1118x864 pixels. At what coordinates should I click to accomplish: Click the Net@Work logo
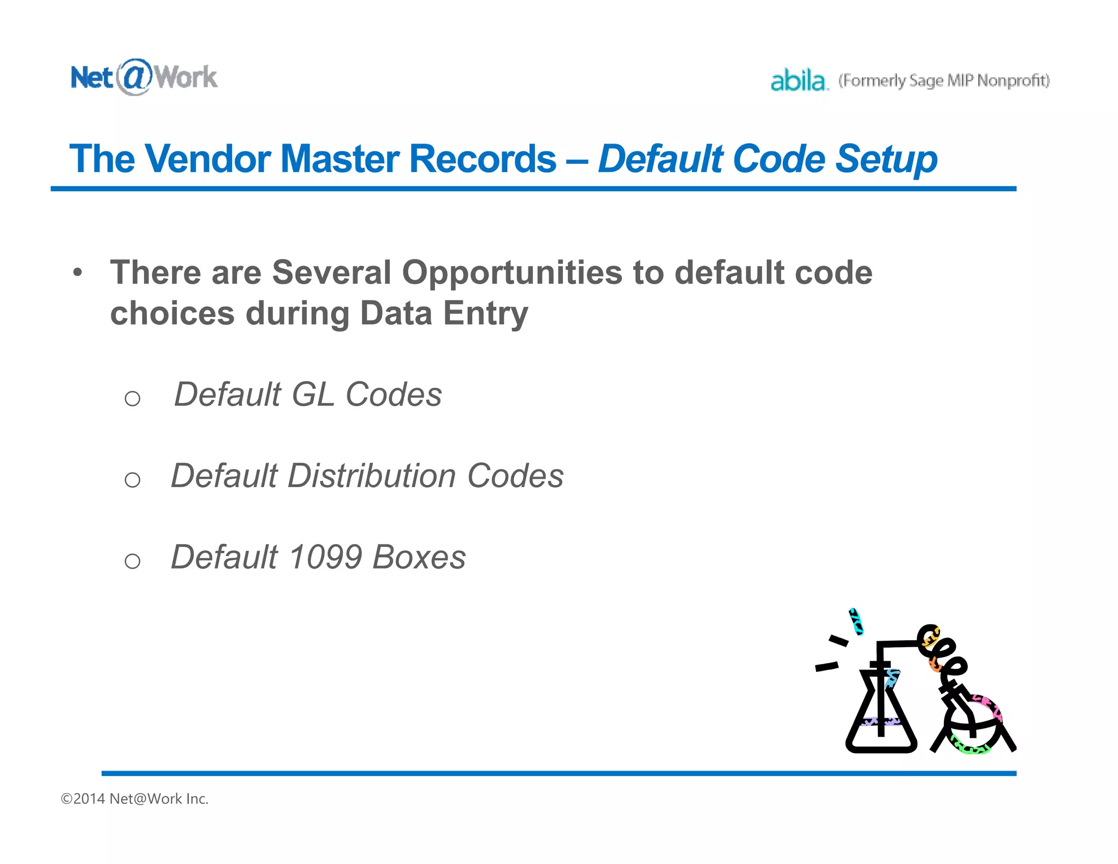pos(144,77)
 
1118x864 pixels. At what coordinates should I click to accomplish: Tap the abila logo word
pos(798,81)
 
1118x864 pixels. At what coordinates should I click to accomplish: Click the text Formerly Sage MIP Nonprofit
pos(944,81)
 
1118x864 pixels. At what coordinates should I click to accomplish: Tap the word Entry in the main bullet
pos(485,313)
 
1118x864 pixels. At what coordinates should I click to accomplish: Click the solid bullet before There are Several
pos(78,271)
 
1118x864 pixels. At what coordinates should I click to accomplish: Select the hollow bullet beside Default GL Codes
pos(133,399)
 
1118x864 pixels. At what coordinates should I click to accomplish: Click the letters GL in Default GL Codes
pos(313,394)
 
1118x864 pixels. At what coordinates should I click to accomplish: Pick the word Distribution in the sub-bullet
pos(372,476)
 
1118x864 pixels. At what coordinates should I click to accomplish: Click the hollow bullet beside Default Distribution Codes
pos(133,480)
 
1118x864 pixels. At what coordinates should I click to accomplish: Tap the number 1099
pos(325,557)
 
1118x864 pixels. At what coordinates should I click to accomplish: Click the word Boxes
pos(419,557)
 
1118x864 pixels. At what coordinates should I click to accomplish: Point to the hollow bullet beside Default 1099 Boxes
pos(133,561)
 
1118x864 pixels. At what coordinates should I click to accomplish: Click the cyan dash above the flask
pos(856,622)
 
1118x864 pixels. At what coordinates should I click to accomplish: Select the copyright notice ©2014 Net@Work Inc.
pos(135,798)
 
